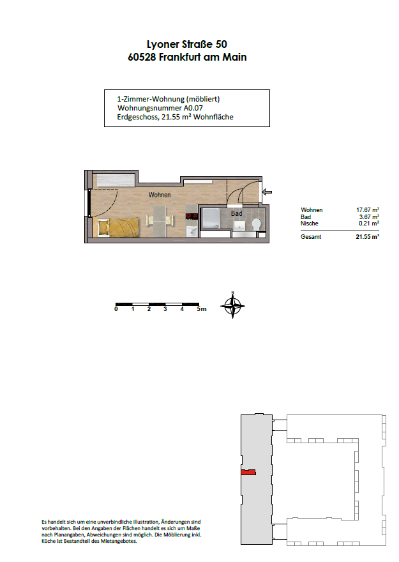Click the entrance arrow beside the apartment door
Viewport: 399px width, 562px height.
(x=267, y=192)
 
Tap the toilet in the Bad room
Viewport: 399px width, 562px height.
(x=257, y=224)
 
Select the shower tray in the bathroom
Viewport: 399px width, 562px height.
(x=211, y=218)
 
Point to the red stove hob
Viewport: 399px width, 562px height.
(x=192, y=216)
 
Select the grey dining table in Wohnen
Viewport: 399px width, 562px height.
(x=160, y=221)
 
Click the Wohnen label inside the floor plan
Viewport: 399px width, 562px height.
(x=160, y=195)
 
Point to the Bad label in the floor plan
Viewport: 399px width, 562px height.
(x=236, y=213)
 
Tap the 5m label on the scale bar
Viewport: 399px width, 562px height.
(x=202, y=309)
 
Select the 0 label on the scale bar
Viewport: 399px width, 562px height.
(x=116, y=309)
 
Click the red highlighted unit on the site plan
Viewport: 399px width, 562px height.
(x=248, y=473)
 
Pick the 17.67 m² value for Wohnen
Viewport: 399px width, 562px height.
(x=368, y=210)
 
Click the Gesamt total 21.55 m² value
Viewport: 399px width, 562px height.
(x=368, y=236)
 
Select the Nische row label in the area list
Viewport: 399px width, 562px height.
(x=310, y=224)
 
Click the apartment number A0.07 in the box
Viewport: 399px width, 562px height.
(x=193, y=108)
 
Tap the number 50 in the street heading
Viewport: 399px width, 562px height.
(x=221, y=44)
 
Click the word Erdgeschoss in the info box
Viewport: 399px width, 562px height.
(x=138, y=118)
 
